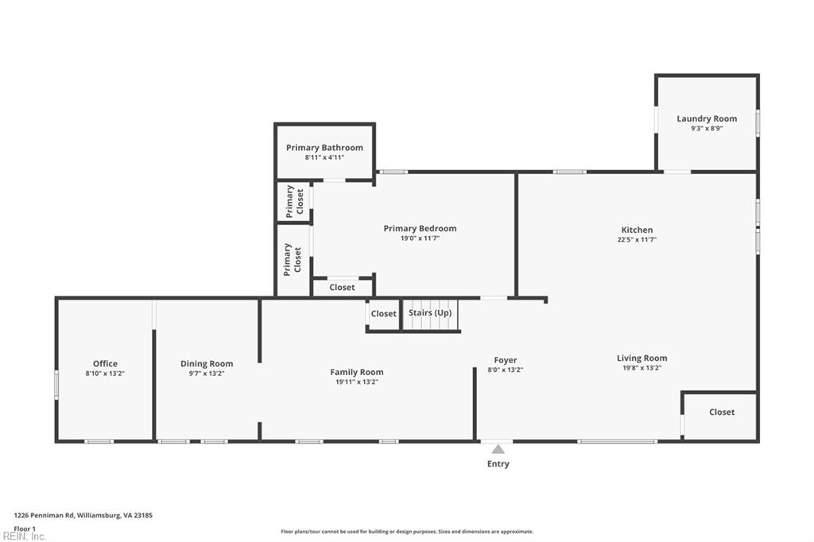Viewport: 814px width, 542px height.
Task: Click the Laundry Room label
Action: (x=707, y=118)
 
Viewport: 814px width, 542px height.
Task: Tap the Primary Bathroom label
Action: (x=324, y=147)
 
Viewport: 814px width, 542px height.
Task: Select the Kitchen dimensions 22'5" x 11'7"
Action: (x=636, y=239)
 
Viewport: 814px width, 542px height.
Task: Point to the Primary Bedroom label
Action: (x=420, y=228)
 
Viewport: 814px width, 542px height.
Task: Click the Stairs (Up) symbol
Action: (x=430, y=315)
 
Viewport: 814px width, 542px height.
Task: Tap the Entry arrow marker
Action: (x=498, y=449)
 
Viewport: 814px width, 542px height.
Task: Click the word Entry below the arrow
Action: (x=498, y=463)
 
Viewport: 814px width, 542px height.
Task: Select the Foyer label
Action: (x=505, y=360)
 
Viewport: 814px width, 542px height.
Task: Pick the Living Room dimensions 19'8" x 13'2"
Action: (x=642, y=368)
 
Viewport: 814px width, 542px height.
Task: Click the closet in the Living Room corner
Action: (x=721, y=412)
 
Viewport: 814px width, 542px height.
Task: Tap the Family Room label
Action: (x=356, y=371)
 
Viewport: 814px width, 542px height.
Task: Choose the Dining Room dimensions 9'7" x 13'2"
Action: (x=206, y=373)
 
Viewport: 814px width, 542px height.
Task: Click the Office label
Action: (x=105, y=363)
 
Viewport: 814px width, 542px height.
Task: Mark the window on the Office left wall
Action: (x=56, y=385)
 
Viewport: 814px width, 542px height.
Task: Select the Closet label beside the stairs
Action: (x=383, y=313)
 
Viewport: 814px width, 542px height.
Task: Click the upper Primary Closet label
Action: (x=294, y=201)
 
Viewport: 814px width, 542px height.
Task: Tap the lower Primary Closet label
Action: (x=293, y=259)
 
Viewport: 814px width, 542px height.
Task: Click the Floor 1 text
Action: (x=25, y=528)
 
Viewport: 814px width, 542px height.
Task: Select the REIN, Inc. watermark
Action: (x=25, y=536)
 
